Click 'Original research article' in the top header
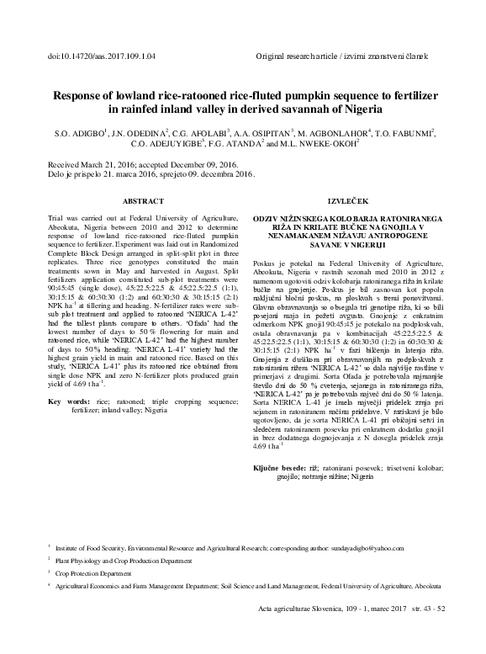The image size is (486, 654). click(302, 56)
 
